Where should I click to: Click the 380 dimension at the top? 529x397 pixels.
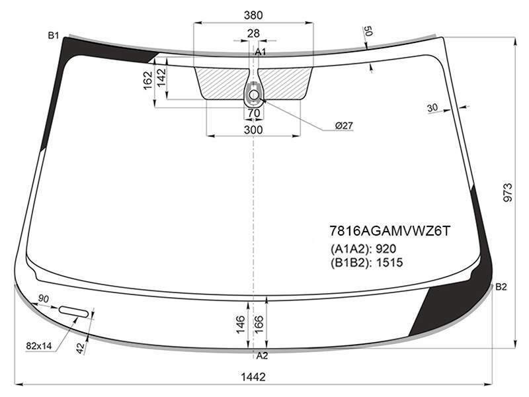253,15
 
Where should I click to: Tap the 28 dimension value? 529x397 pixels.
253,33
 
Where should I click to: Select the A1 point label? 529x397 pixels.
260,52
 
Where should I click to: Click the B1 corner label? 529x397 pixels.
54,35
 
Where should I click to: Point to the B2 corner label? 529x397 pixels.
501,287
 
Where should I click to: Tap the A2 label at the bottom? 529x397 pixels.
262,355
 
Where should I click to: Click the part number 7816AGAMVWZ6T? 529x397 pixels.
389,231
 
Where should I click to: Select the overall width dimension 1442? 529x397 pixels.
253,376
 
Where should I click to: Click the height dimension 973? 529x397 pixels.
507,193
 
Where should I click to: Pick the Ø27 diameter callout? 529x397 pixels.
344,126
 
